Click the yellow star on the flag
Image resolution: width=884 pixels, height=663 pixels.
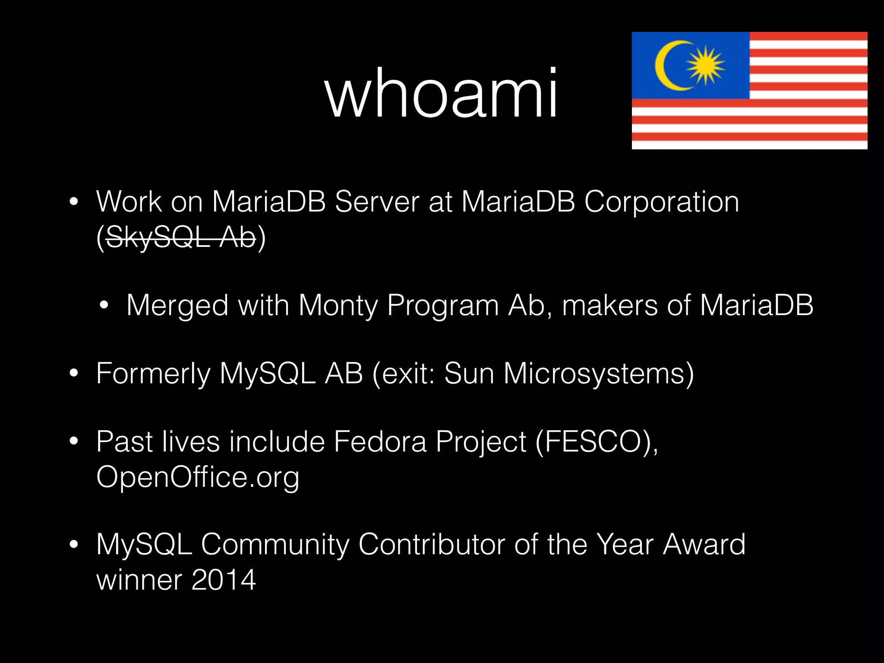coord(705,65)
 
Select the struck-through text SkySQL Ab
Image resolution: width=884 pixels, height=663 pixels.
coord(180,237)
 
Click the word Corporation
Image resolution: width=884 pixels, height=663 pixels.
coord(661,202)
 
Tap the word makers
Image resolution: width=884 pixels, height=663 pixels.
coord(609,306)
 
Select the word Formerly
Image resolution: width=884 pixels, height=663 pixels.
coord(153,374)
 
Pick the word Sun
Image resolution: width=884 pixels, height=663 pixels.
coord(469,374)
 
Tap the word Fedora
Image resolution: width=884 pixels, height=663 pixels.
coord(380,442)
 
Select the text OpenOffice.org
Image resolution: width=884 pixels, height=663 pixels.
coord(198,477)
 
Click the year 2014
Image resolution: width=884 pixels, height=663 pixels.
coord(224,580)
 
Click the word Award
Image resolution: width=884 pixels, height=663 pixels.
coord(704,544)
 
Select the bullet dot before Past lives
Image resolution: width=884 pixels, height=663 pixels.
coord(74,441)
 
